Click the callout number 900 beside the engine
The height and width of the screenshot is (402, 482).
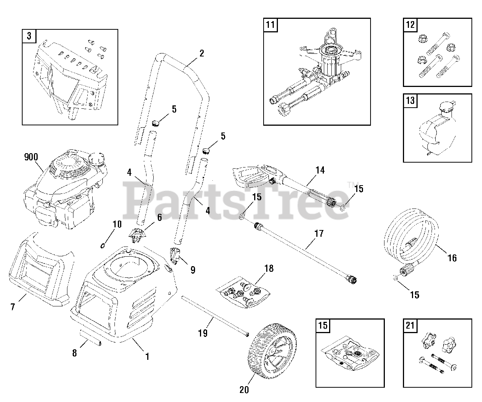[31, 157]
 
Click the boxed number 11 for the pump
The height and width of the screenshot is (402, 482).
[270, 26]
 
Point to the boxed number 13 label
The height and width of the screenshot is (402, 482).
[410, 100]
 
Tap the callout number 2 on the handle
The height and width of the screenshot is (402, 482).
[201, 53]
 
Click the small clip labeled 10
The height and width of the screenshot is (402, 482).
[102, 246]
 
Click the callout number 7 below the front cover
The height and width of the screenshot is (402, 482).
[13, 307]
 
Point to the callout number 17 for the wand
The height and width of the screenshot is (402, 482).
[319, 233]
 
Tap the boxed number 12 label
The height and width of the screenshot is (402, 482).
[410, 25]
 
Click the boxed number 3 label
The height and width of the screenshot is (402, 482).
[29, 37]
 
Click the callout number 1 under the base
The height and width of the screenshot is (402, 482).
[147, 356]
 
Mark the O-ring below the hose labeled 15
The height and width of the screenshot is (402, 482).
[394, 278]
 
